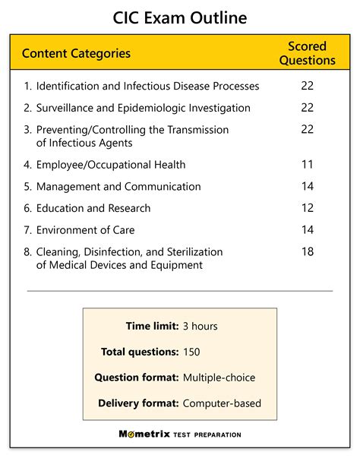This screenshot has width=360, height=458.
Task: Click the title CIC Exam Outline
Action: click(180, 17)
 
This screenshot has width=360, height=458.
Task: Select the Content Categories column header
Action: click(76, 53)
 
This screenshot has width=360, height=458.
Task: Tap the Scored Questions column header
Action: click(307, 53)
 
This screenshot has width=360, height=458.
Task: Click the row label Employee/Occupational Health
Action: click(110, 164)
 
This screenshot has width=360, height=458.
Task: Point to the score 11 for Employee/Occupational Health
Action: click(307, 164)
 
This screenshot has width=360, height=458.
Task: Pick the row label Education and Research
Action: click(93, 208)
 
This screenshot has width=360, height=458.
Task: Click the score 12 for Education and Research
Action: click(307, 208)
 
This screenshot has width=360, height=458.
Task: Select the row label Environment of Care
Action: click(86, 229)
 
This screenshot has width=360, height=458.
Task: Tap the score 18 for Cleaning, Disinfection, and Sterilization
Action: click(307, 251)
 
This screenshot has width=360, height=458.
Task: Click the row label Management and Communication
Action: click(118, 186)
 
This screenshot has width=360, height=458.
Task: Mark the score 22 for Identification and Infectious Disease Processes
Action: click(307, 86)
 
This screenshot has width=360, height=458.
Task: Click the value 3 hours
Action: click(200, 327)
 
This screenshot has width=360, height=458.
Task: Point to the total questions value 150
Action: click(192, 352)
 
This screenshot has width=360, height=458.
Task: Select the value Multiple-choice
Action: click(219, 377)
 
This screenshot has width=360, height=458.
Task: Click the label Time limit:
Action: click(152, 327)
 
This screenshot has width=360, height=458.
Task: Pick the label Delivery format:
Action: click(137, 403)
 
